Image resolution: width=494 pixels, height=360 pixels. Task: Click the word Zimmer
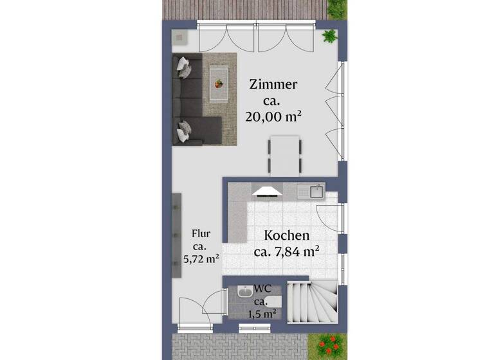coord(273,85)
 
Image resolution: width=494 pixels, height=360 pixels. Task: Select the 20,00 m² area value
coord(273,117)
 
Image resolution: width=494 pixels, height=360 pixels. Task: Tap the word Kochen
coord(287,236)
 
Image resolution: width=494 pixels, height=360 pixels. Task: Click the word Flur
coord(201,235)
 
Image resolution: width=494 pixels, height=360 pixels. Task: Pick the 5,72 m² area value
coord(201,260)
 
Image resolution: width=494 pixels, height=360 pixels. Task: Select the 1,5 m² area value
coord(262,314)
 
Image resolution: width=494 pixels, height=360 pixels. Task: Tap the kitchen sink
coord(316,190)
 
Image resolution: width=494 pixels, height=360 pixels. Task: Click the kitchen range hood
coord(268,190)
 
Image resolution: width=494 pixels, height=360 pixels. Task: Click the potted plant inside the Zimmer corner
coord(330,36)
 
